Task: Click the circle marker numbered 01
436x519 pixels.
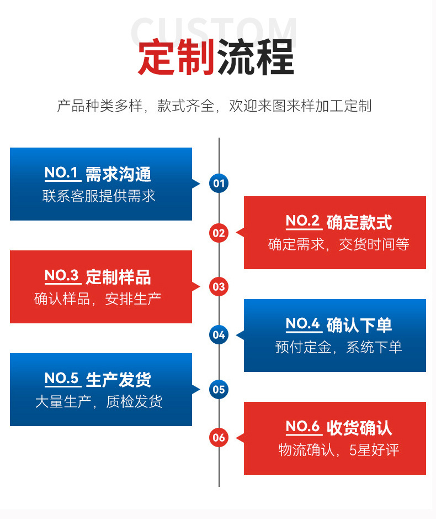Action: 219,184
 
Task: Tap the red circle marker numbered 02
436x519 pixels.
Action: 219,233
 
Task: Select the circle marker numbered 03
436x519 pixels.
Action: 219,286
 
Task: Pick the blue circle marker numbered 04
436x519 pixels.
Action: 219,334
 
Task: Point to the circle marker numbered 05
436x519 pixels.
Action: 219,389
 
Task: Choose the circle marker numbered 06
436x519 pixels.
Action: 219,438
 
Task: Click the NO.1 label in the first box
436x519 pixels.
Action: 62,173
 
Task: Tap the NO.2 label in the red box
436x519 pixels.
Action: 303,221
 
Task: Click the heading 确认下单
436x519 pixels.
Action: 359,324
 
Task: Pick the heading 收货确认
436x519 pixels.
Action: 359,427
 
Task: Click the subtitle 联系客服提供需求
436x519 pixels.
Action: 99,196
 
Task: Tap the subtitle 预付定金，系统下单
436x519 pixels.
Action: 338,347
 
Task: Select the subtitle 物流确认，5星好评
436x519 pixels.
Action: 338,450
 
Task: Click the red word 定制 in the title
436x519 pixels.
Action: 176,57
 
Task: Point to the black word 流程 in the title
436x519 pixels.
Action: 256,57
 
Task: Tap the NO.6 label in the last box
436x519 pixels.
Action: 303,427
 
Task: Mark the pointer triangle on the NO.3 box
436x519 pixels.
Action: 196,286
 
